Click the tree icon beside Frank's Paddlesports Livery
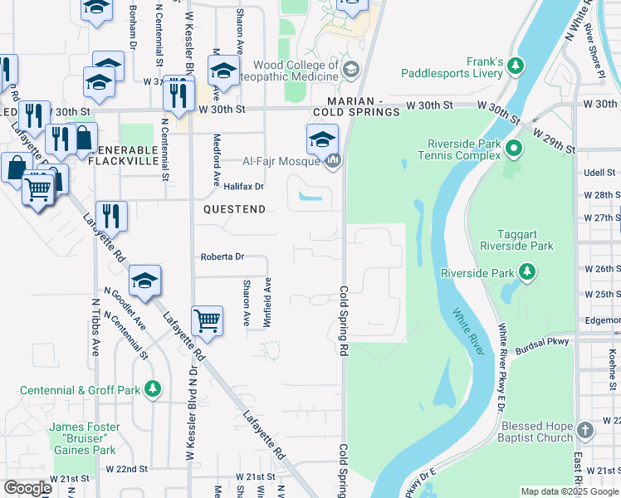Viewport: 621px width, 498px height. tap(516, 66)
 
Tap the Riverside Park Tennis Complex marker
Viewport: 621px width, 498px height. tap(514, 150)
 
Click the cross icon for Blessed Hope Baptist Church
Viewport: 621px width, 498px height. tap(584, 430)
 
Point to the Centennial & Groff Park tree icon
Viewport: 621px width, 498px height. tap(152, 389)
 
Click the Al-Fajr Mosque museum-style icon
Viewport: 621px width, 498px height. tap(334, 160)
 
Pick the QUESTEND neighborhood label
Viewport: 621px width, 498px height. tap(235, 210)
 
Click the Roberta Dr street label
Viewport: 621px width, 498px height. tap(222, 257)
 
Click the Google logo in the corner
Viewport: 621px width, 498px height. tap(27, 488)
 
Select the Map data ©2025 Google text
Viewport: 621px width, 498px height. tap(569, 491)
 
